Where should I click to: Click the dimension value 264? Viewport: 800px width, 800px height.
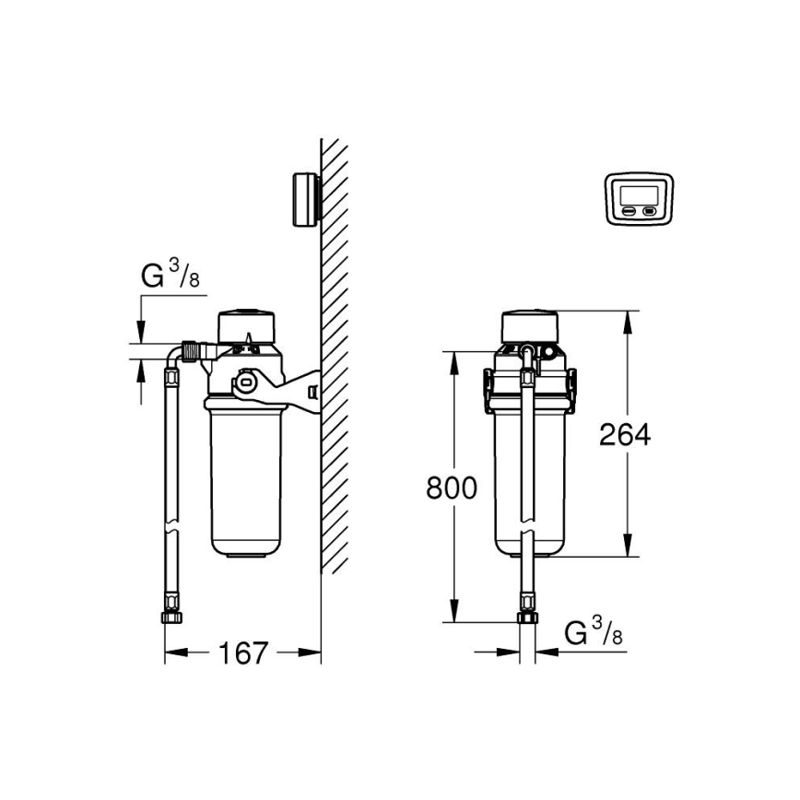624,434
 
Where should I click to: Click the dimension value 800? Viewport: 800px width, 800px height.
451,488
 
